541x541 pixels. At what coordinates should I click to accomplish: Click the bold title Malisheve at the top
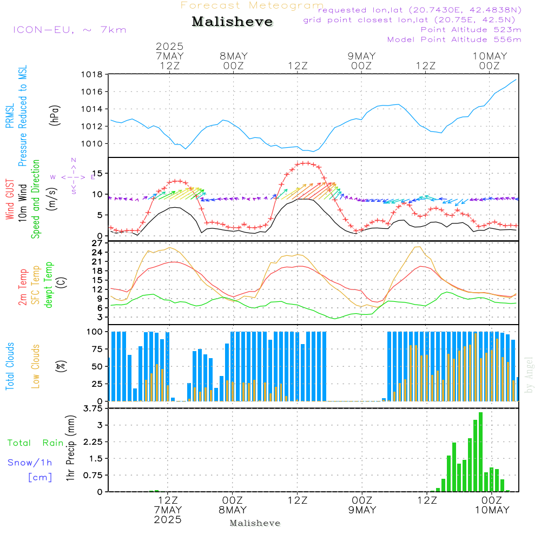pos(233,22)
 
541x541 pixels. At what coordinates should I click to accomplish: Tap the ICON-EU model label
pos(69,30)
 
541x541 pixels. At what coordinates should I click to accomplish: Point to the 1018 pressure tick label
pos(91,75)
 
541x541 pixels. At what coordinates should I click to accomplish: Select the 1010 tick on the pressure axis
pos(91,144)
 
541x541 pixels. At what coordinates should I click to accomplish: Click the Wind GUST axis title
pos(10,200)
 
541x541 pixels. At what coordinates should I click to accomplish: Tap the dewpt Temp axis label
pos(49,285)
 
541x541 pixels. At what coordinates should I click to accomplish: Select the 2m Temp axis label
pos(23,285)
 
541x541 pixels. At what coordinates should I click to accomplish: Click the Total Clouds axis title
pos(10,366)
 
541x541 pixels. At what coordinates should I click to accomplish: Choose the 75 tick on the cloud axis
pos(96,349)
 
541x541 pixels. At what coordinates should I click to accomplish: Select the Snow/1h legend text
pos(30,463)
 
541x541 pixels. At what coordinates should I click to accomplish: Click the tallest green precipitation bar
pos(480,452)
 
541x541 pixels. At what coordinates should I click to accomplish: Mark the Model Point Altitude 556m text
pos(454,39)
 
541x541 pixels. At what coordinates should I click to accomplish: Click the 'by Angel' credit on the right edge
pos(530,379)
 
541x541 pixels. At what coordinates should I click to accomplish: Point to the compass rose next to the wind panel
pos(73,176)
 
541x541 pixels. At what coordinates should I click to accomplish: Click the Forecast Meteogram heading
pos(252,5)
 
